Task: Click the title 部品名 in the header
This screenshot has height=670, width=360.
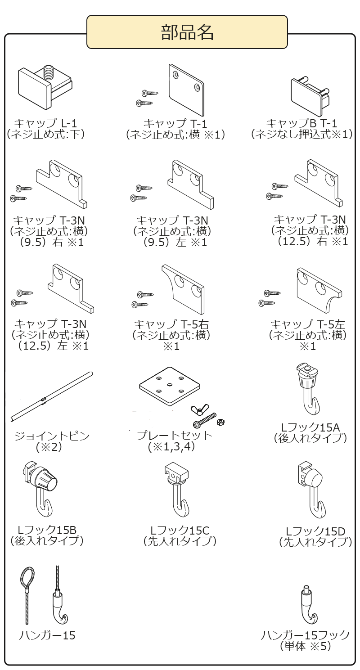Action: [187, 32]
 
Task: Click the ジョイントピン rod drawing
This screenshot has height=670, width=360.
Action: [52, 396]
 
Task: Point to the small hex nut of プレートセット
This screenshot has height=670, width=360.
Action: [220, 422]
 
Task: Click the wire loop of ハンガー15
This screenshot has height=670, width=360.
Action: [27, 578]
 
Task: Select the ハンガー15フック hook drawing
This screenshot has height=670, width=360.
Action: [307, 607]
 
